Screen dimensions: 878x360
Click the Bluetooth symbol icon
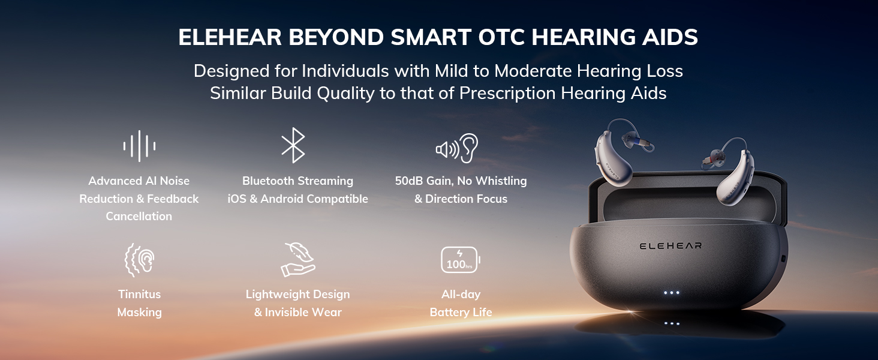click(293, 145)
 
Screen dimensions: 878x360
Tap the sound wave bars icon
click(139, 146)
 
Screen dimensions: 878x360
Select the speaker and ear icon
click(457, 148)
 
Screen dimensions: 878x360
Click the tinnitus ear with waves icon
click(140, 260)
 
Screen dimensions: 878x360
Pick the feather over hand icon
click(298, 259)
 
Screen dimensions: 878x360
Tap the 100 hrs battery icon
click(461, 260)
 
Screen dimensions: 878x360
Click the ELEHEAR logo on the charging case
click(670, 246)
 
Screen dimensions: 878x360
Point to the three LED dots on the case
click(672, 293)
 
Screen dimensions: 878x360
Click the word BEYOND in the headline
click(336, 37)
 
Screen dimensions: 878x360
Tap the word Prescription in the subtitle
click(507, 94)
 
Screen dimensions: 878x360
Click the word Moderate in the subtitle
click(533, 71)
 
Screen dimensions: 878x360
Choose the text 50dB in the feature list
click(409, 181)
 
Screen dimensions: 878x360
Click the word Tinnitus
click(140, 294)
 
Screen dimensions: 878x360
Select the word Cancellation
click(139, 216)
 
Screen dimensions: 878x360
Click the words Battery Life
click(461, 312)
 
